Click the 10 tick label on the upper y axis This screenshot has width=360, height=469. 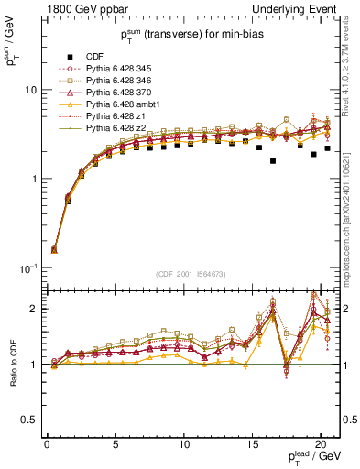[x=30, y=91]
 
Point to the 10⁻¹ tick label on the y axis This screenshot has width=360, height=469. [x=28, y=267]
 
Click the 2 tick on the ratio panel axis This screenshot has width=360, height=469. [x=33, y=309]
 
